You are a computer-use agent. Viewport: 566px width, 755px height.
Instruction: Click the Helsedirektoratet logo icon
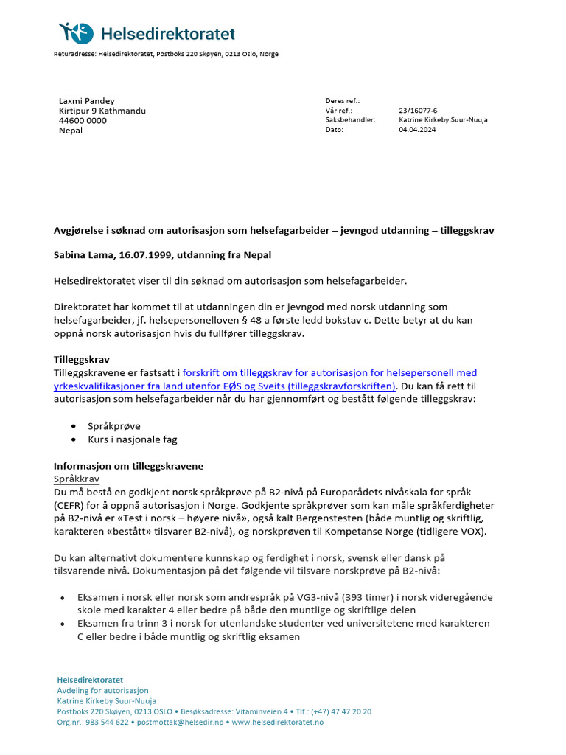pos(77,32)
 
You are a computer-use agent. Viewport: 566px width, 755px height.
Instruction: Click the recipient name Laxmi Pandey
pos(87,101)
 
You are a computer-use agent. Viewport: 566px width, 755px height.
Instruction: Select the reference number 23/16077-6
pos(419,110)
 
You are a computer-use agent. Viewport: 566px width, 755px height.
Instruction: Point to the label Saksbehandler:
pos(350,119)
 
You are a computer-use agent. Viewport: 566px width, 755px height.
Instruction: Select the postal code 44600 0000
pos(83,120)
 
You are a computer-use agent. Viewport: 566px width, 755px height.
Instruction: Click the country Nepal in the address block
pos(71,131)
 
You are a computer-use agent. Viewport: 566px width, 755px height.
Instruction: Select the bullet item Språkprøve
pos(113,426)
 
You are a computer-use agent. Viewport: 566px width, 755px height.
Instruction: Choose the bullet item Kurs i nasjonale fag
pos(132,439)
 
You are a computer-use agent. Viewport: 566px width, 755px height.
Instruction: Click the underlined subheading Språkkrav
pos(76,479)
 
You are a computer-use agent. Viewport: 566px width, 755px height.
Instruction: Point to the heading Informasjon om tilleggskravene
pos(128,466)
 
